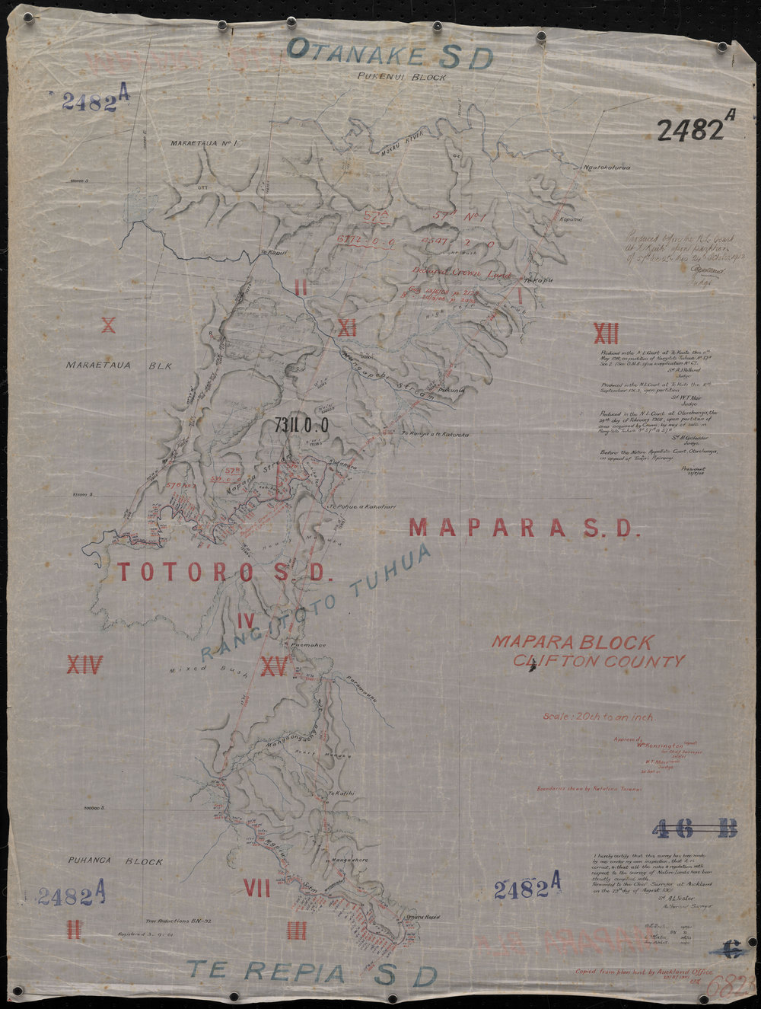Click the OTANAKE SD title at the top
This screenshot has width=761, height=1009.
pyautogui.click(x=390, y=55)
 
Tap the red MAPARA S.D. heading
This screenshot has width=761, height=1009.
pyautogui.click(x=521, y=528)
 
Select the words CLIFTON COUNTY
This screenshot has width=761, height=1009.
pyautogui.click(x=598, y=662)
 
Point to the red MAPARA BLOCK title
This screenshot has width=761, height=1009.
pyautogui.click(x=572, y=642)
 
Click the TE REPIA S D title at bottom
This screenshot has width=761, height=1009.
pyautogui.click(x=312, y=972)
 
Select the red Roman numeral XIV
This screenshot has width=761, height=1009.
pyautogui.click(x=84, y=666)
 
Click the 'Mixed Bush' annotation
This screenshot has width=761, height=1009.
pyautogui.click(x=196, y=673)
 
